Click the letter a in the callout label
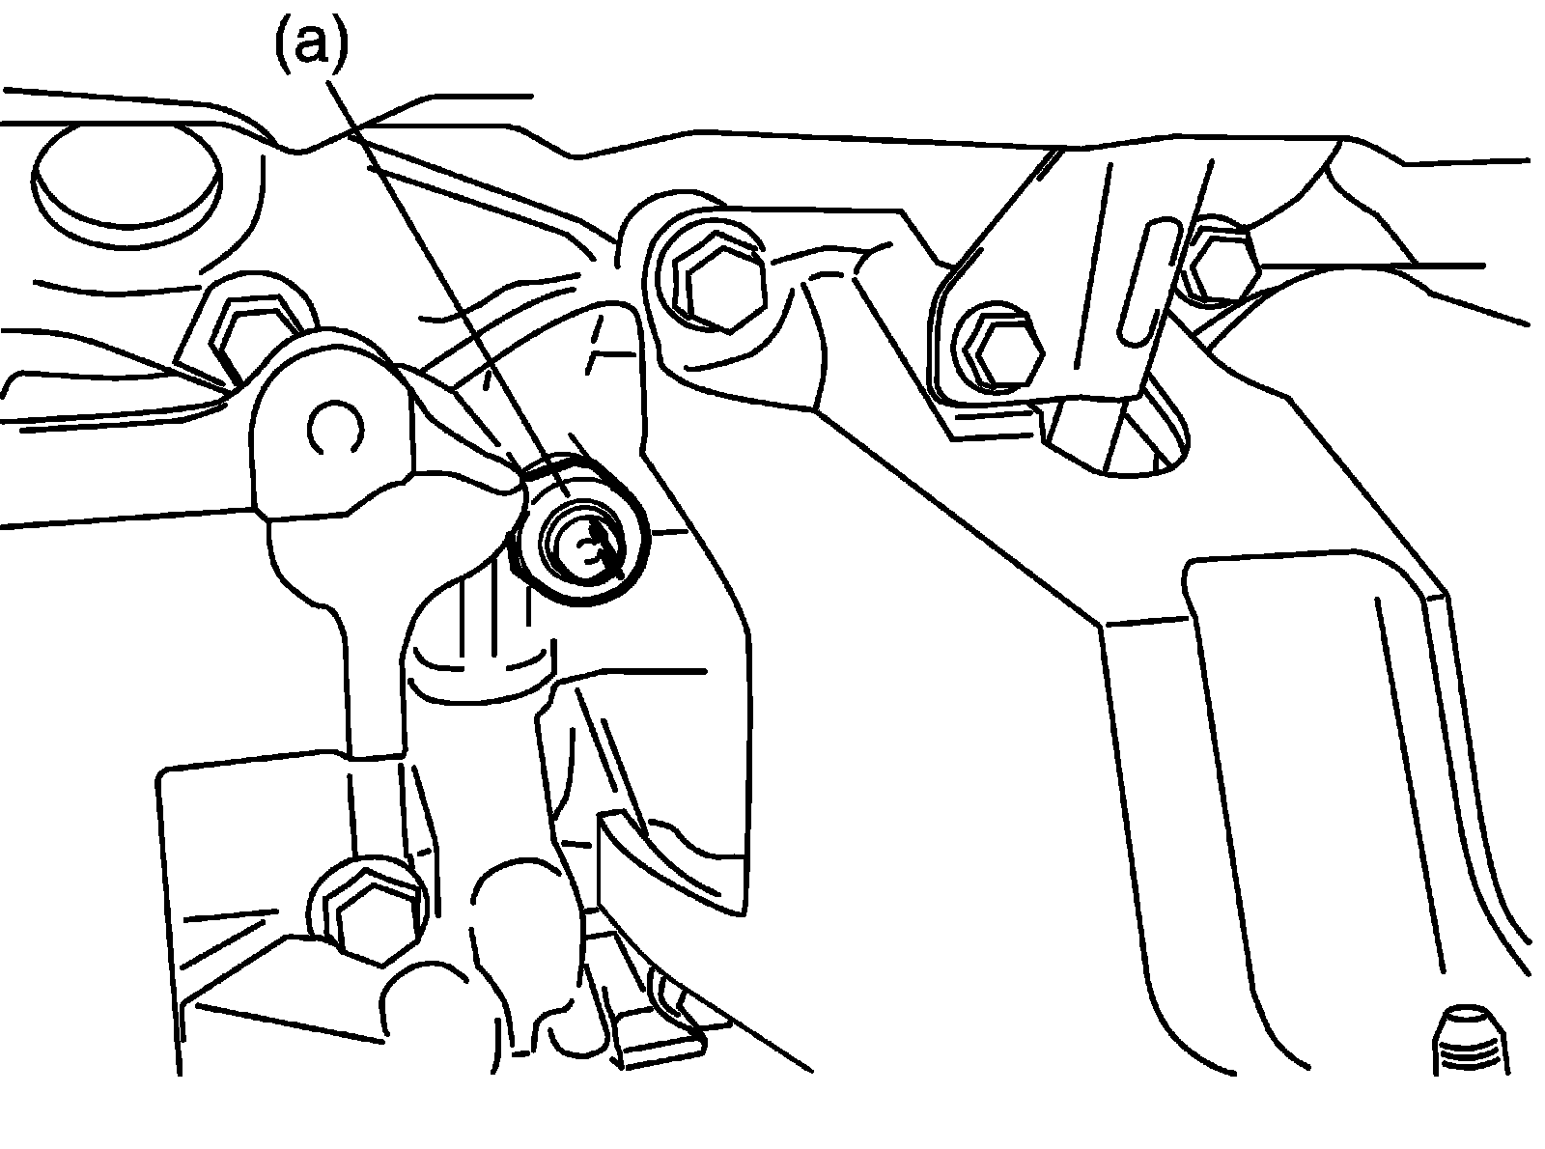point(311,45)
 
